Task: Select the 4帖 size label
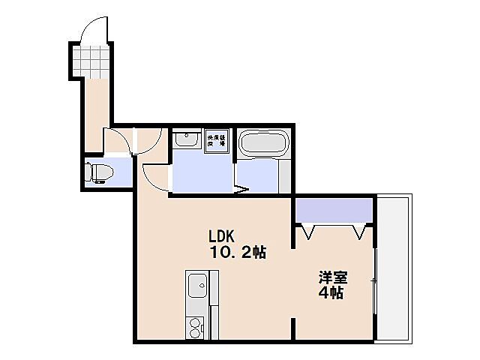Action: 330,293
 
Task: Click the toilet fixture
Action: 98,172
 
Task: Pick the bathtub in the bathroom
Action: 262,143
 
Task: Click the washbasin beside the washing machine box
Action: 185,139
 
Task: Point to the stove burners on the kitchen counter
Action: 196,327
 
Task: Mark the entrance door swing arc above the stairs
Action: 94,28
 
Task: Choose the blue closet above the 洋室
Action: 334,210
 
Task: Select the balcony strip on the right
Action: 394,268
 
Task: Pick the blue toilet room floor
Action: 120,172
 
